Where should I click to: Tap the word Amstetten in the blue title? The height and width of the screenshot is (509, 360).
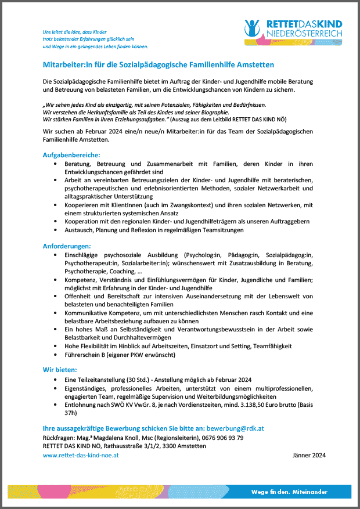pyautogui.click(x=254, y=64)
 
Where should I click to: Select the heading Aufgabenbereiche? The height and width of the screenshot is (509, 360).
pyautogui.click(x=71, y=155)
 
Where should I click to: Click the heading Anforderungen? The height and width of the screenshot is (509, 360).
pyautogui.click(x=67, y=246)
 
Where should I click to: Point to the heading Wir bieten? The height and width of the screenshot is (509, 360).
pyautogui.click(x=60, y=369)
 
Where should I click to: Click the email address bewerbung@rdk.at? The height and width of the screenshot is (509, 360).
pyautogui.click(x=240, y=428)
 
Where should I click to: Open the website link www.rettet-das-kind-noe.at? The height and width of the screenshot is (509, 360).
pyautogui.click(x=81, y=455)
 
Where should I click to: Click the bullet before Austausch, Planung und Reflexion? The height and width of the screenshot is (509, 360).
pyautogui.click(x=55, y=230)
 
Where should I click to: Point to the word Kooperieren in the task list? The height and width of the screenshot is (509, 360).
pyautogui.click(x=83, y=205)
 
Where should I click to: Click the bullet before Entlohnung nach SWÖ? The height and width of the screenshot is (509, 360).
pyautogui.click(x=55, y=405)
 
